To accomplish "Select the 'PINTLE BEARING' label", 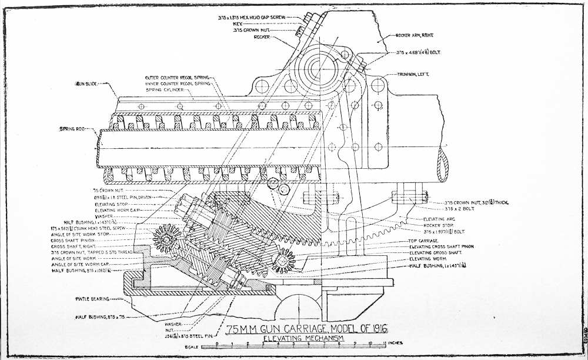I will pos(90,299).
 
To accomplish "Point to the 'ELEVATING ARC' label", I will pos(438,219).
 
